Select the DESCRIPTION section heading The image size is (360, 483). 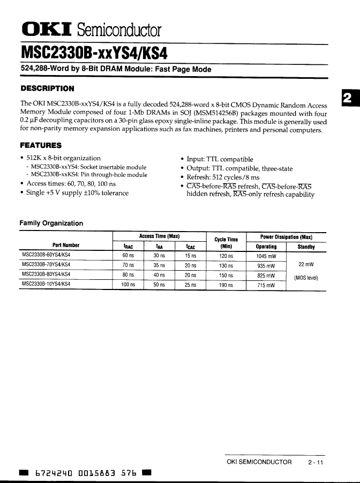(x=47, y=88)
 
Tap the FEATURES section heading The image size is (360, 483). (x=41, y=145)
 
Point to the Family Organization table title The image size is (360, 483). (x=51, y=223)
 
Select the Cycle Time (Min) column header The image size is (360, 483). (x=226, y=243)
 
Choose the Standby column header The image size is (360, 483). (x=306, y=247)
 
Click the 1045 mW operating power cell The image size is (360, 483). (x=266, y=256)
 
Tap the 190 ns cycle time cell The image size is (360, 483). (x=226, y=285)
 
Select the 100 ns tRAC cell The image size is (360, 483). (x=128, y=285)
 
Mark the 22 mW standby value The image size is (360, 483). (x=306, y=265)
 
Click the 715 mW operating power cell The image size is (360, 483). (x=266, y=285)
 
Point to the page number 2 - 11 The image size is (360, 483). (x=316, y=462)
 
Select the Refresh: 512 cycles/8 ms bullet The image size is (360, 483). (x=223, y=177)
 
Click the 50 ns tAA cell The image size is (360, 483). (x=159, y=285)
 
